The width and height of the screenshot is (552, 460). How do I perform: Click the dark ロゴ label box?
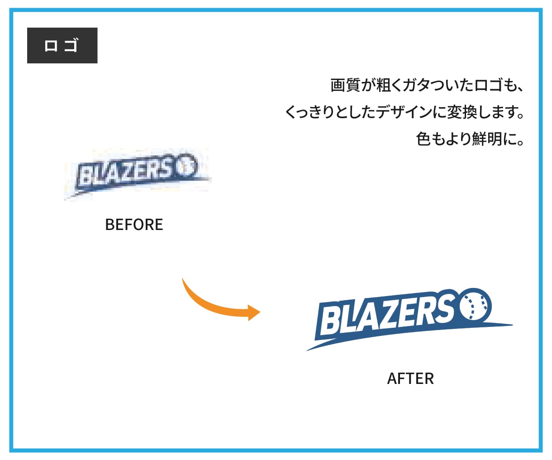coord(62,45)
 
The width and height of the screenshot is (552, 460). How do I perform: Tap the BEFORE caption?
coord(134,225)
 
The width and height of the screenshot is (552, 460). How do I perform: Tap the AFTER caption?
coord(410,379)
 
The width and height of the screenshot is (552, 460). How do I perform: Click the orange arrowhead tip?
coord(260,312)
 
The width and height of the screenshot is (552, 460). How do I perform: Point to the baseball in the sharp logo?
coord(476,306)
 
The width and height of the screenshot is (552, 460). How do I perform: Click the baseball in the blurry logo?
coord(187,166)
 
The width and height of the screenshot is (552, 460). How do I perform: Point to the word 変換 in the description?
coord(462,112)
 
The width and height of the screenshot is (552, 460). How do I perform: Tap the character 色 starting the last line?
coord(424,139)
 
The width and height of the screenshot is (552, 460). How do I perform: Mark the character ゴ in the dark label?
coord(71,45)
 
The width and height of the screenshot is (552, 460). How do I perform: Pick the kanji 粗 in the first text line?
coord(384,85)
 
